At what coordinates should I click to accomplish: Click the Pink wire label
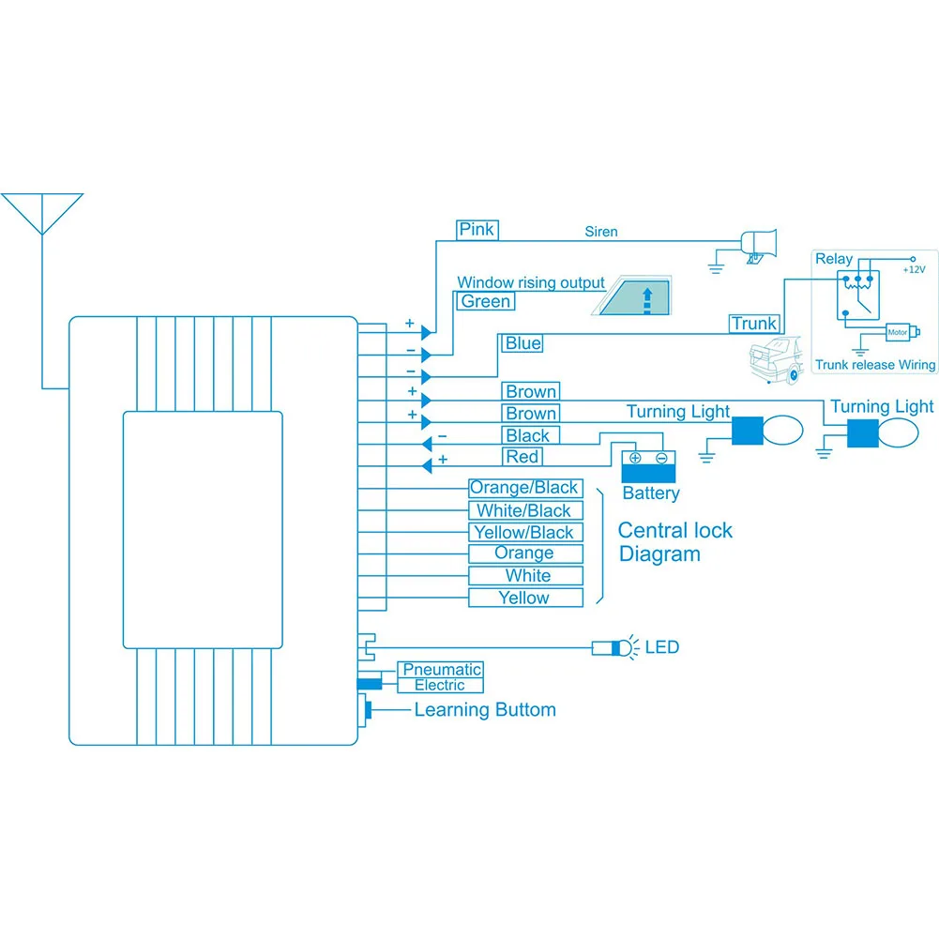coord(477,229)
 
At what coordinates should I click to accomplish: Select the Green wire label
coord(486,301)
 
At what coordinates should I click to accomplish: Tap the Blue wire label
coord(523,343)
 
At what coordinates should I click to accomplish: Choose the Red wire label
coord(523,457)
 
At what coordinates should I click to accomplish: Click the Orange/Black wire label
coord(524,488)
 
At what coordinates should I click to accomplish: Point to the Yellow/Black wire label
coord(524,533)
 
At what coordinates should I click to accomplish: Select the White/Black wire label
coord(524,510)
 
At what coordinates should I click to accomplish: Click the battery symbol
coord(648,464)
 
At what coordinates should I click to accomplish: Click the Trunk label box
coord(754,324)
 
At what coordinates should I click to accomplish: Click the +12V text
coord(914,269)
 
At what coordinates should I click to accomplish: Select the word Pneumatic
coord(441,670)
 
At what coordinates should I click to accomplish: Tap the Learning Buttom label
coord(485,710)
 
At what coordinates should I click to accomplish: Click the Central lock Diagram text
coord(674,542)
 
